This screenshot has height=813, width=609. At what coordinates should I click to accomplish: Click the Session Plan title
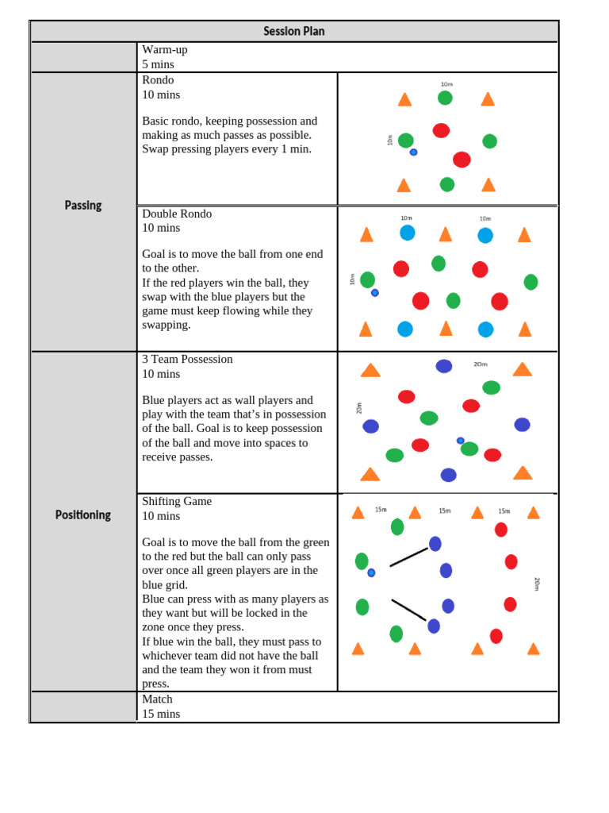(x=293, y=32)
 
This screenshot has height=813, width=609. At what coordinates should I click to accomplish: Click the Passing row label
(x=83, y=206)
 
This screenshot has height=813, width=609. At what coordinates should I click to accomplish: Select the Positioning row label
(x=83, y=515)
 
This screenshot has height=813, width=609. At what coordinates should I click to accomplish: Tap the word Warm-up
(x=165, y=50)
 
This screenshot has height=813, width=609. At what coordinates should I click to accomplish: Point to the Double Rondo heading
(x=177, y=214)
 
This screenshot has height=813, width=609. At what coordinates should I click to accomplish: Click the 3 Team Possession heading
(x=187, y=360)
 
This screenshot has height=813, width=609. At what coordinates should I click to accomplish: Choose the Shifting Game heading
(x=177, y=502)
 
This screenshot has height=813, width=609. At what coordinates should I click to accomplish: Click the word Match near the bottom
(x=157, y=699)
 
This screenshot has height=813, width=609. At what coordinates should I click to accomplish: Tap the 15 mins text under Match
(x=161, y=714)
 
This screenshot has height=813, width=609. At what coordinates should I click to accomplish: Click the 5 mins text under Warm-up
(x=158, y=64)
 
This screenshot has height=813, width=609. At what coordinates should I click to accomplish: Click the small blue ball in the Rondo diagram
(x=413, y=152)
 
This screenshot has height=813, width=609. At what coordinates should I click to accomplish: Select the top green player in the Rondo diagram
(x=445, y=98)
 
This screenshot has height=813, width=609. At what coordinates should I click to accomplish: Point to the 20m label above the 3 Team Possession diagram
(x=481, y=364)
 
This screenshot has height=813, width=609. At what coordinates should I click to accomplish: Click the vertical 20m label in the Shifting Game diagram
(x=537, y=584)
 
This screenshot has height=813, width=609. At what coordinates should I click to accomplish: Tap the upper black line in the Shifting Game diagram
(x=409, y=557)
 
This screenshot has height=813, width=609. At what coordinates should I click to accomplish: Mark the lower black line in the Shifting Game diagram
(x=408, y=610)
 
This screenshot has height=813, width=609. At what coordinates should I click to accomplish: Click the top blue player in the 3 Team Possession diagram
(x=444, y=366)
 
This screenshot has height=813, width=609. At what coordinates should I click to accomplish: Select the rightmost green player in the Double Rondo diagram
(x=530, y=282)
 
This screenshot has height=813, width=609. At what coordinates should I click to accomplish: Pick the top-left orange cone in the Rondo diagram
(x=404, y=99)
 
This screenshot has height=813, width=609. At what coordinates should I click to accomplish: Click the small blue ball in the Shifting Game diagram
(x=371, y=572)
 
